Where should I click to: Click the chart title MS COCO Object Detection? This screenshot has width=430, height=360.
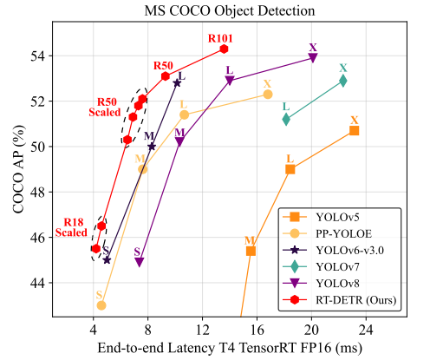230,11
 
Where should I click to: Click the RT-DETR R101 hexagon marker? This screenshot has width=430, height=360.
224,49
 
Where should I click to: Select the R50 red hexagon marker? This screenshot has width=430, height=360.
166,76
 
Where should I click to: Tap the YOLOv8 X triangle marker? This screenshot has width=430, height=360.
313,57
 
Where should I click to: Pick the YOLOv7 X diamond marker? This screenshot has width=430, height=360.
343,81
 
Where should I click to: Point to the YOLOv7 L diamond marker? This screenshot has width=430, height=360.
286,119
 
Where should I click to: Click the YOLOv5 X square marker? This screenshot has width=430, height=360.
354,131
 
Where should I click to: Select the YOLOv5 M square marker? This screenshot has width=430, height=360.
251,251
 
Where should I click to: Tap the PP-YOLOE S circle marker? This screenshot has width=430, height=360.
101,305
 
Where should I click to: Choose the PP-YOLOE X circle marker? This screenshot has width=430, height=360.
268,95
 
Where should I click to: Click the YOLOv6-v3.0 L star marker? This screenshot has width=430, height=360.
177,83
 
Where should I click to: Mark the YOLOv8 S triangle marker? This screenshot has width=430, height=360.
140,262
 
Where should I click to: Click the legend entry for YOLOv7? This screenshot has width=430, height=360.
321,266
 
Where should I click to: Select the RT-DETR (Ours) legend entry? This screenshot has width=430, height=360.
339,299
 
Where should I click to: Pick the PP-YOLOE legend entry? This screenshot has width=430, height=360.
327,233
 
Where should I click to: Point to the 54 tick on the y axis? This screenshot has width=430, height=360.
37,56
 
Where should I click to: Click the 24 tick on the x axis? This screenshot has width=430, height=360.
366,330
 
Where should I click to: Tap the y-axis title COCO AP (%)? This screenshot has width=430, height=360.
18,169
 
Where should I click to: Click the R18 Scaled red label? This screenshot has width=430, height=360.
71,227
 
